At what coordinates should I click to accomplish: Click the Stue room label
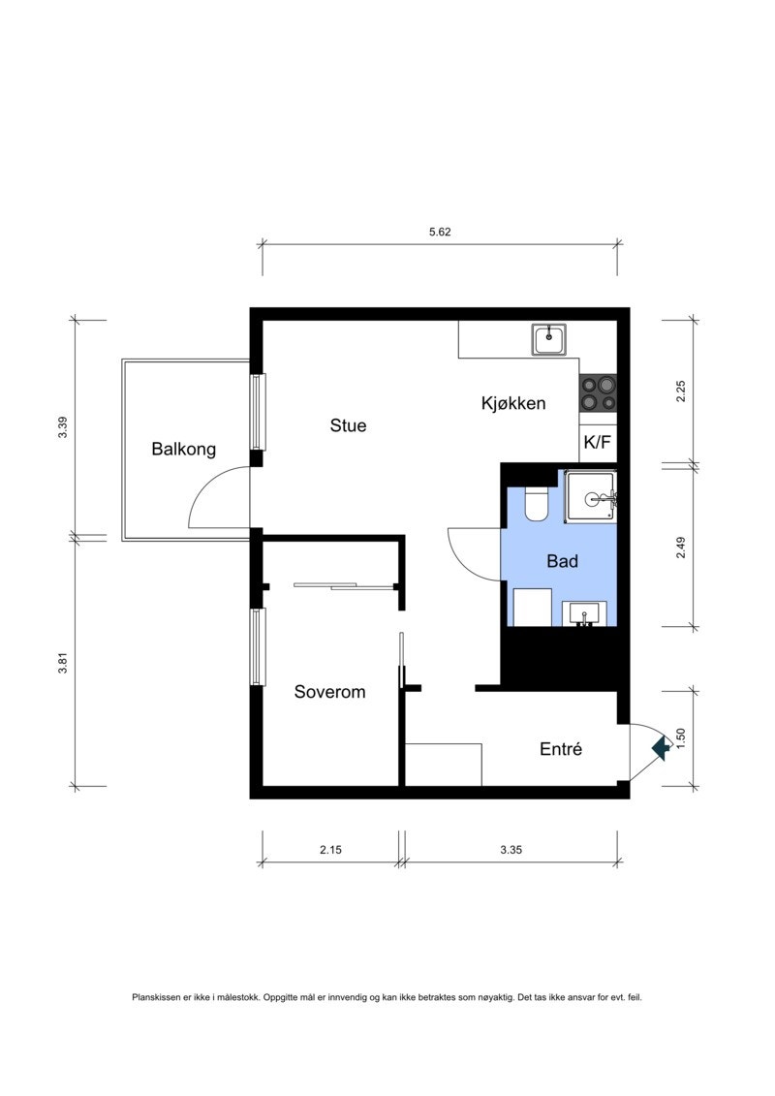click(348, 425)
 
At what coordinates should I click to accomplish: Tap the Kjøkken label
click(513, 403)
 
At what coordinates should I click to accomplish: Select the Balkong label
click(183, 450)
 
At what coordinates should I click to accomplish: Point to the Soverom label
click(329, 692)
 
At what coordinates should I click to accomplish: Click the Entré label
click(560, 749)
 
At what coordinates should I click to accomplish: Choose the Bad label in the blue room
click(562, 561)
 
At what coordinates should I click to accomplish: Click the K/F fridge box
click(597, 443)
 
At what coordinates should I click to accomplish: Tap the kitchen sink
click(549, 339)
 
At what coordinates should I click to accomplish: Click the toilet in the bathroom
click(537, 503)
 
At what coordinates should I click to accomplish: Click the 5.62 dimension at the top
click(441, 232)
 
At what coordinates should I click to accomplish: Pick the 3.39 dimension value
click(62, 427)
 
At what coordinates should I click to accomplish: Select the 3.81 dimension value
click(62, 664)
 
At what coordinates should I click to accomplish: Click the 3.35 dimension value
click(511, 850)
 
